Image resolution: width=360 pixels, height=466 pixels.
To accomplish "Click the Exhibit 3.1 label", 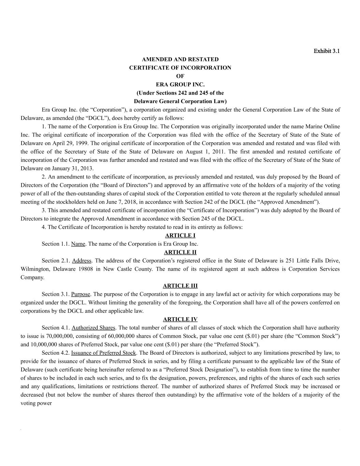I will tap(327, 51).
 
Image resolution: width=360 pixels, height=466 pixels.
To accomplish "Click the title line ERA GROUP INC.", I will tap(180, 84).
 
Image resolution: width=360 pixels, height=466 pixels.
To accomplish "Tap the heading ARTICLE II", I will tap(180, 252).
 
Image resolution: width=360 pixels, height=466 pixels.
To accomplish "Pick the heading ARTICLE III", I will tap(180, 286).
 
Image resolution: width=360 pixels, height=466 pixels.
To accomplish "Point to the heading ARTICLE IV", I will tap(180, 320).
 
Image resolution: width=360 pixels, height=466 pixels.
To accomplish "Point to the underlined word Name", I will tap(78, 244).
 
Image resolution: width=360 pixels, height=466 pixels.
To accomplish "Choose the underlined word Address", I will tap(82, 261).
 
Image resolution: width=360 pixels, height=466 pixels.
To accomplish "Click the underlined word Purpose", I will tap(81, 294).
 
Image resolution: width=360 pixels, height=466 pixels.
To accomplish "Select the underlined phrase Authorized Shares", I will tap(93, 328).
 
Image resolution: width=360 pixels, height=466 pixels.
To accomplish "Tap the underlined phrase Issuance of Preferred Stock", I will tap(103, 353).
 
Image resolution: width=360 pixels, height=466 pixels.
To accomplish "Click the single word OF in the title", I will tap(180, 76).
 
